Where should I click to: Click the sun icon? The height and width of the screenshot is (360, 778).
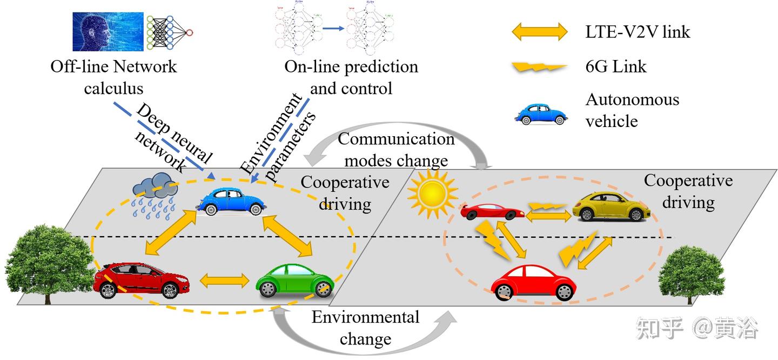click(x=432, y=193)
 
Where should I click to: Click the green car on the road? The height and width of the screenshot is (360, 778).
click(x=295, y=279)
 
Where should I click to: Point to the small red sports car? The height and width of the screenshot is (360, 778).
click(x=492, y=211)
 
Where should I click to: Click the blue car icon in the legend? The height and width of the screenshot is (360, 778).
click(x=541, y=113)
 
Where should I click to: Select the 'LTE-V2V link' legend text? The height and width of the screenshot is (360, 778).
click(x=638, y=32)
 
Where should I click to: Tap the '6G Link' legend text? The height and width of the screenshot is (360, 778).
click(x=615, y=66)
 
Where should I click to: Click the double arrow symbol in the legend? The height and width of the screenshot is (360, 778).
click(x=539, y=32)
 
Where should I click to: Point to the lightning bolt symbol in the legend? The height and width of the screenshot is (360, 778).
click(x=539, y=68)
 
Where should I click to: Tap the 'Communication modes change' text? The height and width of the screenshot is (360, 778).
click(x=396, y=149)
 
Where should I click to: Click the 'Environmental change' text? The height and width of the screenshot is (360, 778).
click(x=365, y=328)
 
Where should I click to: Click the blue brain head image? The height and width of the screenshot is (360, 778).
click(x=108, y=31)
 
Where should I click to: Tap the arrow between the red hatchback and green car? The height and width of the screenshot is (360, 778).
click(x=225, y=281)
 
